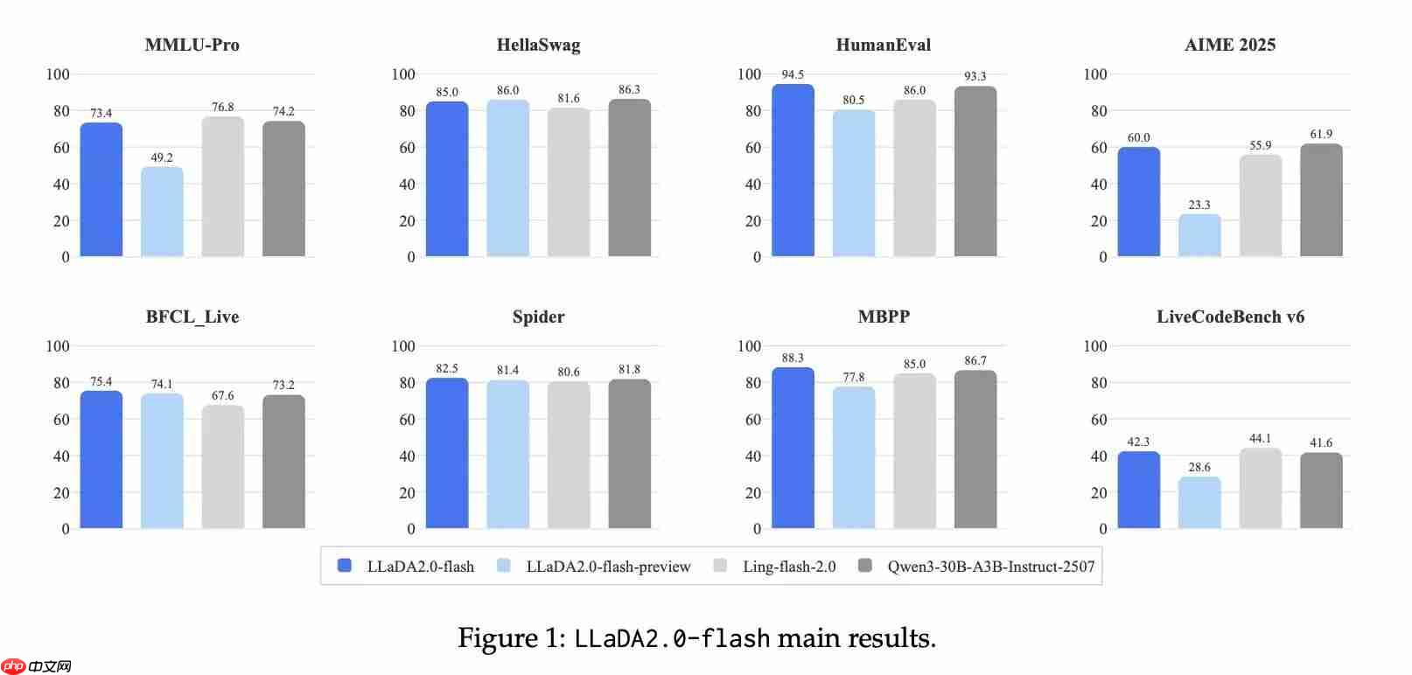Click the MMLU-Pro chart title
(x=192, y=45)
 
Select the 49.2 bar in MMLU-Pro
(x=162, y=212)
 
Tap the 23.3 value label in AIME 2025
(x=1199, y=205)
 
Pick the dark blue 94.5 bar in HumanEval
(x=793, y=170)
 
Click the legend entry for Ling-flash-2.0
(x=788, y=567)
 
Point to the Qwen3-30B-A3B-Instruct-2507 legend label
(x=990, y=567)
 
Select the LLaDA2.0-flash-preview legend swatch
(x=504, y=566)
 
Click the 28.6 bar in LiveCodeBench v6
(x=1199, y=503)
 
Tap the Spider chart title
(x=538, y=317)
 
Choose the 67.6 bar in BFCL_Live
(x=223, y=467)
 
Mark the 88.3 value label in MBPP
(x=793, y=358)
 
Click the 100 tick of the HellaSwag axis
(x=403, y=74)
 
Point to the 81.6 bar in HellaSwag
(x=569, y=182)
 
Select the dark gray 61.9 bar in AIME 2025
(x=1321, y=199)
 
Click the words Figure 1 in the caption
(x=512, y=638)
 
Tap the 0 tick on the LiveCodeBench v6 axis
(x=1102, y=529)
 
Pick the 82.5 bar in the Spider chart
(x=447, y=453)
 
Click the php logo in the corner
(x=13, y=666)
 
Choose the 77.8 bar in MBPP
(x=854, y=457)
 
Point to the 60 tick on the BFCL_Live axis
(x=61, y=420)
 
